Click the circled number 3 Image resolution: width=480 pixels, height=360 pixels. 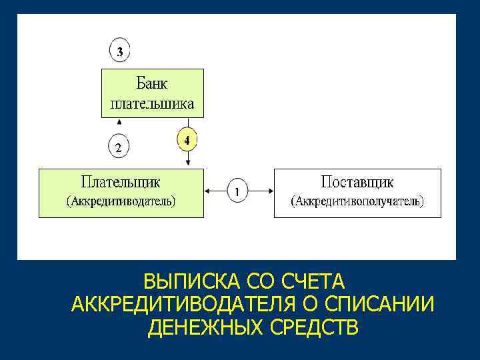[119, 51]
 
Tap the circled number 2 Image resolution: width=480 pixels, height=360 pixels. [119, 147]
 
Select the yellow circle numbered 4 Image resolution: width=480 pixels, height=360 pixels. [187, 140]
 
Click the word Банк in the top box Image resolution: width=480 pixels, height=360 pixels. [152, 83]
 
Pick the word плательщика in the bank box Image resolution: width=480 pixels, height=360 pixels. [152, 103]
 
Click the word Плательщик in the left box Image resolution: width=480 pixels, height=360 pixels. [120, 181]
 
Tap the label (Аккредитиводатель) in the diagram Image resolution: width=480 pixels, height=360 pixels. [120, 201]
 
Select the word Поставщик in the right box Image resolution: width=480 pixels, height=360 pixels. [357, 181]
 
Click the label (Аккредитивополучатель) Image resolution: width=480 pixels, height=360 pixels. [358, 201]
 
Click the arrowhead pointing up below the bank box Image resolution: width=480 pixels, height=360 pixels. [119, 122]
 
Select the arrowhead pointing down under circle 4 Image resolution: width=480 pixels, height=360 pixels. [188, 163]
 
